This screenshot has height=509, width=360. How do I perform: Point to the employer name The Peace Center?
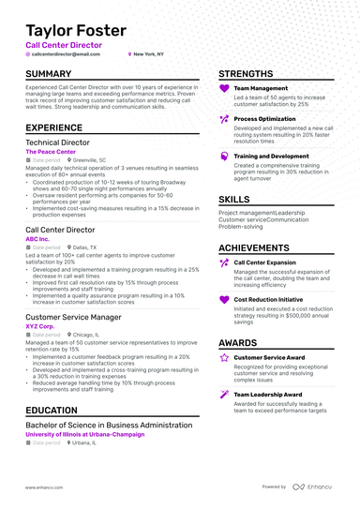pyautogui.click(x=50, y=150)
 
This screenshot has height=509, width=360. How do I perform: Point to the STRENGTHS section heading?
pyautogui.click(x=247, y=73)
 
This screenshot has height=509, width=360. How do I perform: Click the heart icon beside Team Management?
pyautogui.click(x=224, y=89)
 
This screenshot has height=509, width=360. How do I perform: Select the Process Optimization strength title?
pyautogui.click(x=265, y=119)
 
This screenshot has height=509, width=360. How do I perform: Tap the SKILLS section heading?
pyautogui.click(x=233, y=200)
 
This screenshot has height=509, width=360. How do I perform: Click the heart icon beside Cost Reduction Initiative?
pyautogui.click(x=224, y=300)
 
